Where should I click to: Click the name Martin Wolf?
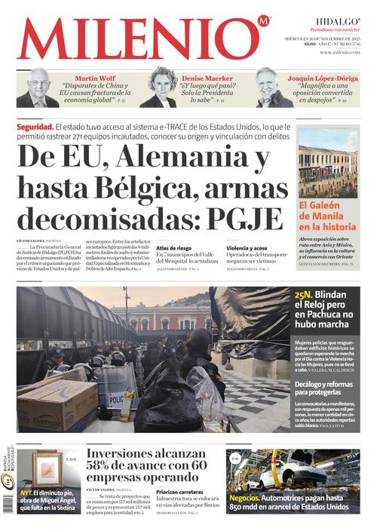[94, 78]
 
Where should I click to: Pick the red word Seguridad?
[35, 126]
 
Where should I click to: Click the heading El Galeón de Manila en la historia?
[326, 215]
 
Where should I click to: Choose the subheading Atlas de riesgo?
[173, 247]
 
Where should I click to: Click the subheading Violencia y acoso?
[247, 247]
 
